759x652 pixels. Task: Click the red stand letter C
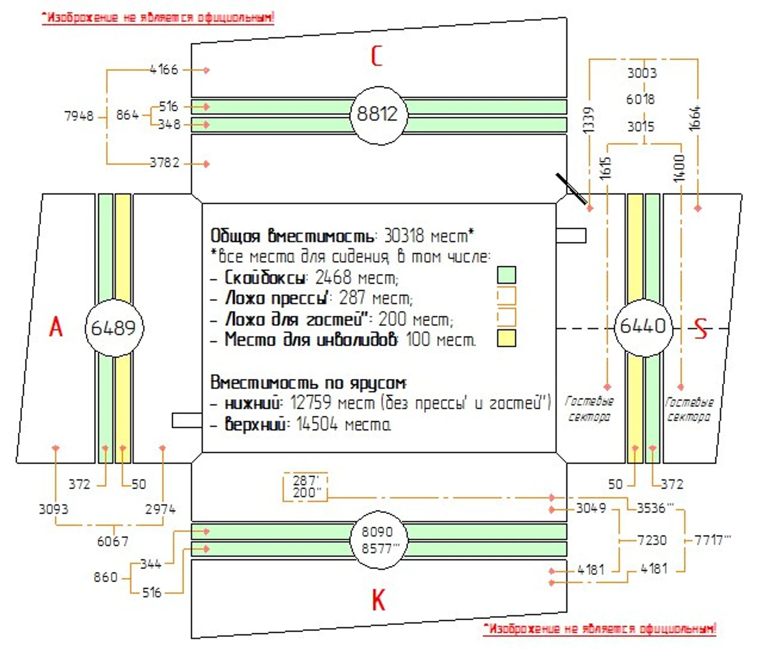point(377,56)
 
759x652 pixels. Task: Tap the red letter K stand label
point(378,601)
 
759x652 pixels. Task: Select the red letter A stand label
point(56,327)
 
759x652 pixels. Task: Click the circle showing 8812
point(377,114)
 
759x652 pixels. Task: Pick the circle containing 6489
point(113,328)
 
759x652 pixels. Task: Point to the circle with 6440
point(643,327)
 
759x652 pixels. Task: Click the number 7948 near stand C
point(79,115)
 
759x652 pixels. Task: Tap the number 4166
point(164,69)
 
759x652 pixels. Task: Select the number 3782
point(165,163)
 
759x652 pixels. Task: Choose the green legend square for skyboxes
point(506,275)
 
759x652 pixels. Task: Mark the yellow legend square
point(506,338)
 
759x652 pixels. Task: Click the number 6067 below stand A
point(113,541)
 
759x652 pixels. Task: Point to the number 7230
point(652,540)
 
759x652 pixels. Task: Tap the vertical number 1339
point(588,120)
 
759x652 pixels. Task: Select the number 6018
point(640,99)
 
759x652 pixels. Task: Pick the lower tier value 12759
point(311,403)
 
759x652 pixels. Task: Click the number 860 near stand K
point(106,577)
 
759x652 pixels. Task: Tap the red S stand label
point(701,329)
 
